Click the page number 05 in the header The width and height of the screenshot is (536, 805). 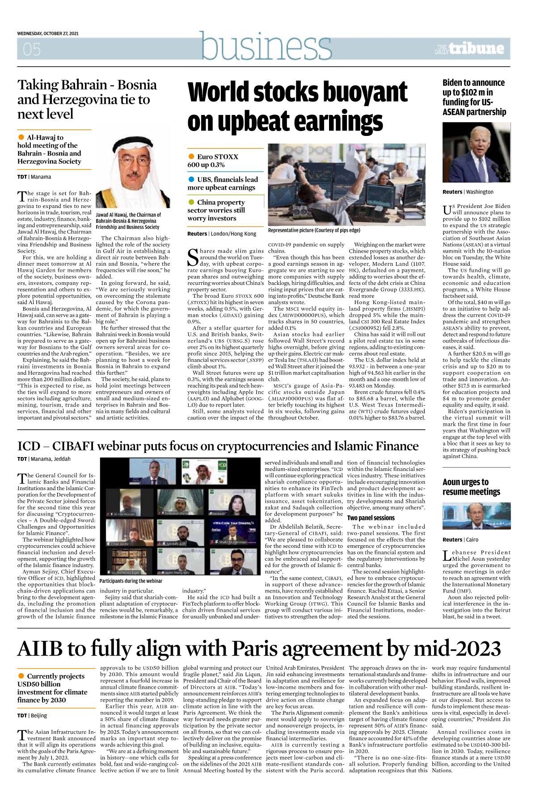(x=32, y=49)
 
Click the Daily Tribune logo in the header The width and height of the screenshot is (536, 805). (x=469, y=49)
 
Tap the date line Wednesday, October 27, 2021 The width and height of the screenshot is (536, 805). (x=48, y=34)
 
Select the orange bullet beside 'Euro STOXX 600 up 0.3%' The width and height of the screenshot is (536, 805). (x=191, y=157)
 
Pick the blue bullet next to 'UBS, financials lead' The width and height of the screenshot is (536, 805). (x=191, y=179)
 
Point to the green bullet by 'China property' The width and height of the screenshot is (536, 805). (x=191, y=202)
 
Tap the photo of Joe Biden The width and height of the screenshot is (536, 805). (x=476, y=153)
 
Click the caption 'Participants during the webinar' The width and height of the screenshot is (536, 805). (x=131, y=581)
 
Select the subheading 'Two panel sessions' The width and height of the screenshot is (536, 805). (x=371, y=518)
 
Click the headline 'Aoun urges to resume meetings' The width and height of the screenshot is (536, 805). (x=471, y=487)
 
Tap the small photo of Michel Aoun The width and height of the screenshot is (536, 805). (x=476, y=516)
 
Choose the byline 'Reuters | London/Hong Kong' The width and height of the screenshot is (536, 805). (x=222, y=234)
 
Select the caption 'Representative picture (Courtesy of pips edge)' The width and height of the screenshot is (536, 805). (x=314, y=230)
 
